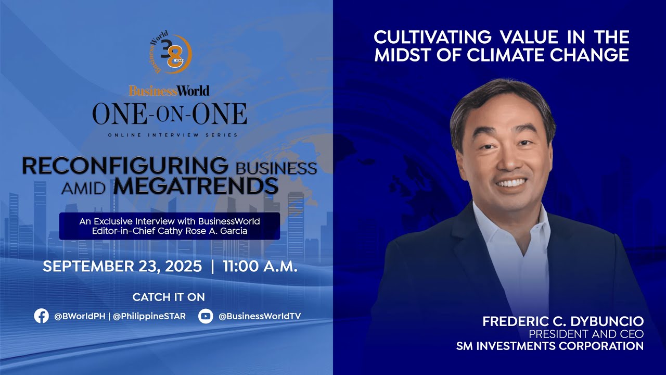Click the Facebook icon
pyautogui.click(x=41, y=316)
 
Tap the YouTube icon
pyautogui.click(x=206, y=316)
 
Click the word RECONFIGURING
pyautogui.click(x=125, y=166)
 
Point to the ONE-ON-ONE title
pyautogui.click(x=170, y=114)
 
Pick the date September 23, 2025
pyautogui.click(x=122, y=267)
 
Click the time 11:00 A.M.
pyautogui.click(x=260, y=267)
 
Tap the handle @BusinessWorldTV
pyautogui.click(x=260, y=316)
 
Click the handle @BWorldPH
pyautogui.click(x=81, y=316)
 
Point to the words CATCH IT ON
pyautogui.click(x=169, y=297)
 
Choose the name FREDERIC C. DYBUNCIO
pyautogui.click(x=563, y=321)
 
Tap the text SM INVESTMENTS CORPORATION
pyautogui.click(x=550, y=346)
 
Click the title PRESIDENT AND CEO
pyautogui.click(x=586, y=334)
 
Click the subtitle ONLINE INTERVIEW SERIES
pyautogui.click(x=173, y=135)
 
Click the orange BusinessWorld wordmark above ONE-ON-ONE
pyautogui.click(x=169, y=91)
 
